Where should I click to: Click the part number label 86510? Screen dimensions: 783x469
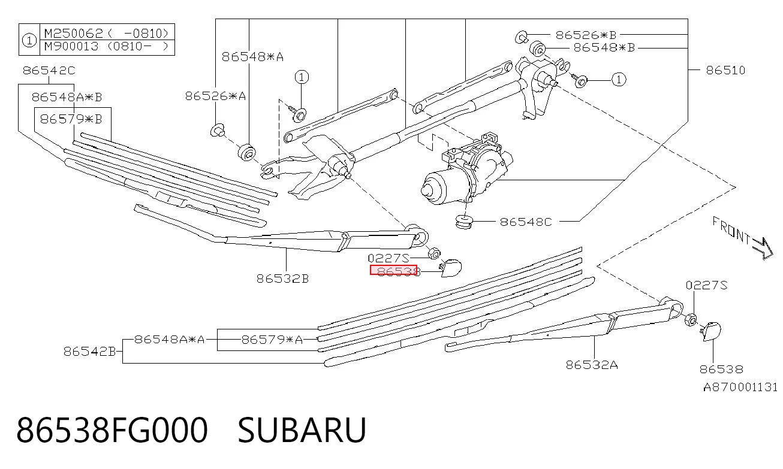(x=725, y=70)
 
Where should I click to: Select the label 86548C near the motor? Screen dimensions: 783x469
(x=526, y=222)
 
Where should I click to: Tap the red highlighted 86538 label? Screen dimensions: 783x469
(x=394, y=270)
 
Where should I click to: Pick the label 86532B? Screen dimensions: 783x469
(x=282, y=279)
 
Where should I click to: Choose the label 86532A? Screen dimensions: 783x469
(x=592, y=365)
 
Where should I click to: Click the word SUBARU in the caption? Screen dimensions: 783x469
(x=302, y=430)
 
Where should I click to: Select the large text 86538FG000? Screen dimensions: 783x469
(x=112, y=430)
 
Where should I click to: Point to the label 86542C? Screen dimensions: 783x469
(x=49, y=71)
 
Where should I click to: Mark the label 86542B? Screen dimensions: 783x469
(x=89, y=352)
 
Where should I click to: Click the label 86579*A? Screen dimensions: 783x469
(x=272, y=340)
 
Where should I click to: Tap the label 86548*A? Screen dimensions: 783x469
(x=252, y=56)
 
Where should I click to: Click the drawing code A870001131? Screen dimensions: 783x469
(x=740, y=387)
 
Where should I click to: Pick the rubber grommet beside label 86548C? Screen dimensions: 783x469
(x=465, y=222)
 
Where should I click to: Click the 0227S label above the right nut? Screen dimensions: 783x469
(x=706, y=285)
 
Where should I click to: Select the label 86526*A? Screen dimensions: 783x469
(x=215, y=96)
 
